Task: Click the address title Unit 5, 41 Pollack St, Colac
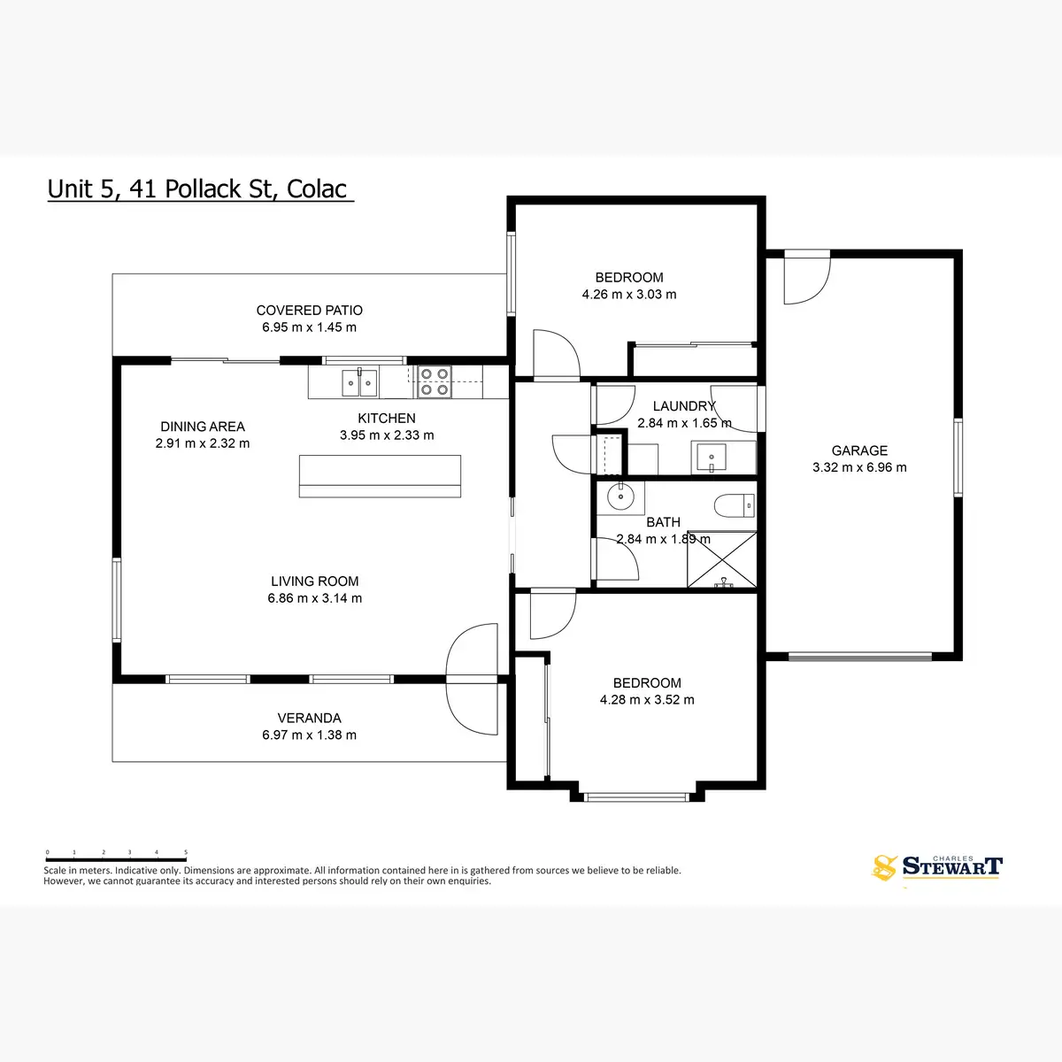(199, 189)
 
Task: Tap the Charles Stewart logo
(938, 866)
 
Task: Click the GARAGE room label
(859, 450)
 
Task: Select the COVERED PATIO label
(310, 311)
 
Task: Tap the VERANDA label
(309, 718)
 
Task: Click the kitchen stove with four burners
(434, 381)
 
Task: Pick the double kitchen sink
(360, 382)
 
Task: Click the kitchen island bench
(380, 476)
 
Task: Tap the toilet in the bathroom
(734, 505)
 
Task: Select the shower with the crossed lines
(722, 559)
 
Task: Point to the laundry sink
(712, 458)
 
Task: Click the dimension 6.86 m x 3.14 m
(315, 598)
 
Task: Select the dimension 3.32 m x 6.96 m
(859, 467)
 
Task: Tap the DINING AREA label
(203, 427)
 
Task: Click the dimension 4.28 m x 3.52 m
(647, 700)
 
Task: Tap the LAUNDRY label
(683, 406)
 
